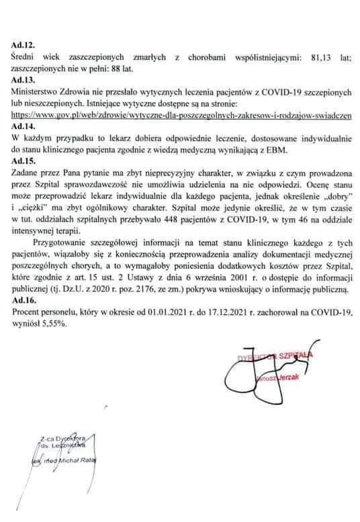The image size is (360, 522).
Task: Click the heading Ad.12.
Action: coord(24,44)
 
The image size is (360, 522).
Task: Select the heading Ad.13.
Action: coord(24,79)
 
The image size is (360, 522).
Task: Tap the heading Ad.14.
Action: coord(24,126)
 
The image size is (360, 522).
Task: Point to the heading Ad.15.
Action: coord(24,161)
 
